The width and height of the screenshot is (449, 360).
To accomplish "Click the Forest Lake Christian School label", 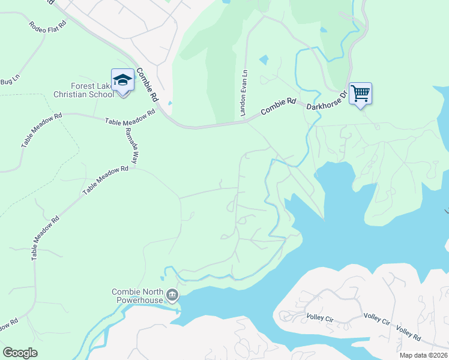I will coord(83,90).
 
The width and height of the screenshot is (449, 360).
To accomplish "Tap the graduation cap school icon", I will coord(123,80).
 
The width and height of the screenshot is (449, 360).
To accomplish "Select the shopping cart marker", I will coord(360,94).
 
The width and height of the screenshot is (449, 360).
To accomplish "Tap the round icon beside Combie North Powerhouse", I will coord(173,295).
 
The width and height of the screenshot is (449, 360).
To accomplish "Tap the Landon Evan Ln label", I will coord(244,93).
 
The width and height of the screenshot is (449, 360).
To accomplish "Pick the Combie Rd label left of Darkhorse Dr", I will coord(279,107).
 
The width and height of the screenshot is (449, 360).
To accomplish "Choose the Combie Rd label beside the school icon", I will coord(147,84).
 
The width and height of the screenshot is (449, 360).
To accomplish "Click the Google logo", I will coord(20,352).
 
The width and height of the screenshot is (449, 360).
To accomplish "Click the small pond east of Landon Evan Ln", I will coord(264,60).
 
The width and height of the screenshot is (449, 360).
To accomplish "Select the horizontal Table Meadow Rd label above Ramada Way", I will coord(130,118).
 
